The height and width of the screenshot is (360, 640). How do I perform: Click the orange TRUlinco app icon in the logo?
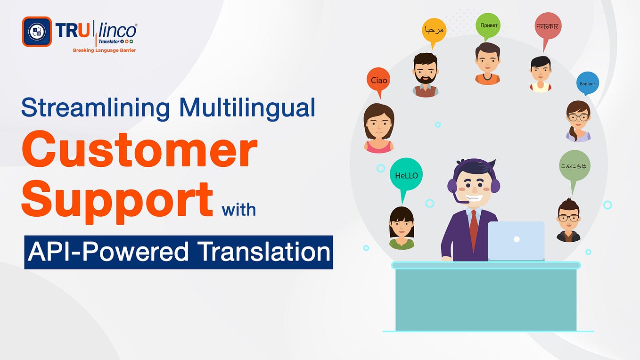pos(37,32)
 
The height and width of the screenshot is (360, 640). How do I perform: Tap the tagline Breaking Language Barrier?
pos(104,50)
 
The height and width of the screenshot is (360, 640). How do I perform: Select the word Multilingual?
pos(247,107)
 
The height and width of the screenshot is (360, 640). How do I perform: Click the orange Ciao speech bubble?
pos(379,81)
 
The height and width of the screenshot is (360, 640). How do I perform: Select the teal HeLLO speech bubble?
pos(406,176)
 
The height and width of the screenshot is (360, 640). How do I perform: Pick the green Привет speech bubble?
pos(488,25)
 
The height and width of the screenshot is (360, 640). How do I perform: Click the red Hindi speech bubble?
pos(547,27)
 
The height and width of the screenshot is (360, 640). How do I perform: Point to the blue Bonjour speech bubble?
pos(587,84)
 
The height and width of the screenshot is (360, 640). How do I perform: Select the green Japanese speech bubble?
pos(574,166)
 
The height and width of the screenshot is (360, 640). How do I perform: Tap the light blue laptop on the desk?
pos(516,240)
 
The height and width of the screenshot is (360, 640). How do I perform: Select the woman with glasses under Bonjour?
pos(578,120)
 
